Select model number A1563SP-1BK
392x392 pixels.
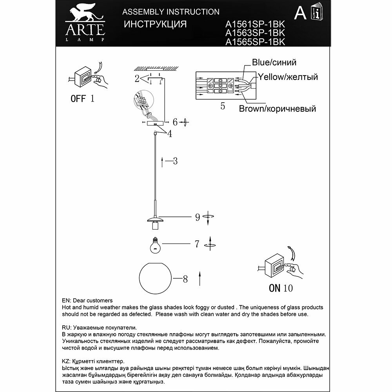(255, 33)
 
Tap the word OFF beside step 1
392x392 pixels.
(78, 98)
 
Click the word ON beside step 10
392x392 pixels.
(274, 289)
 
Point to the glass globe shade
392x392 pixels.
(155, 279)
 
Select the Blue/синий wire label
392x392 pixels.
(274, 62)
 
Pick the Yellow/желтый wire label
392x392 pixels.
(287, 77)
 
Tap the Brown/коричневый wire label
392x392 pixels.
(278, 109)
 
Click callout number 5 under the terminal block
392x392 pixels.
(223, 106)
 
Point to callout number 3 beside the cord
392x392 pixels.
(175, 161)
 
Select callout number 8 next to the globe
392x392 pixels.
(185, 279)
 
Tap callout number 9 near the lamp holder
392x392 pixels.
(198, 217)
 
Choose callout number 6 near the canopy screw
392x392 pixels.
(175, 122)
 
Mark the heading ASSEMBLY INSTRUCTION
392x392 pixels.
(171, 12)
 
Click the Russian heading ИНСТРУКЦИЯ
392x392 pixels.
(155, 24)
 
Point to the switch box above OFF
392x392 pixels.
(83, 76)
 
